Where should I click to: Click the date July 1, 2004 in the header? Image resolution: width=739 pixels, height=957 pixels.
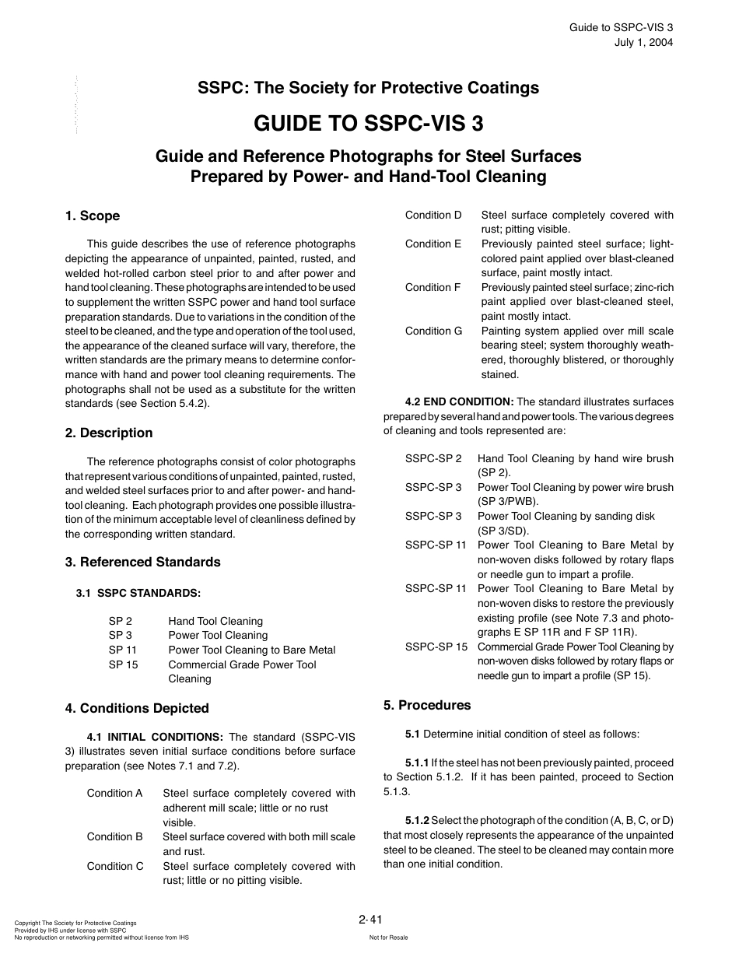point(643,42)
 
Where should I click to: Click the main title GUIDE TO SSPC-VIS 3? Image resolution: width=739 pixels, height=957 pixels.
point(368,123)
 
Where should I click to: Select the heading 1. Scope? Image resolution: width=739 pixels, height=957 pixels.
point(92,216)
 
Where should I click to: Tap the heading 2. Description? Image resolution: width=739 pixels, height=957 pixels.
point(108,433)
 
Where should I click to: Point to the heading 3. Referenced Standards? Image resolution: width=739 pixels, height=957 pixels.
point(142,562)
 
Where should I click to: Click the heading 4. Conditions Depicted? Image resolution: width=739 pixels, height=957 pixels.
point(137,708)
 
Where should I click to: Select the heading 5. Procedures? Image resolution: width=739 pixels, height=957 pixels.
point(427,705)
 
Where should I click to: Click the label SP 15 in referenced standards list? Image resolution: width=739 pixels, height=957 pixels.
point(123,664)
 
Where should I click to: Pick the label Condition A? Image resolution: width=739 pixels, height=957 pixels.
point(115,793)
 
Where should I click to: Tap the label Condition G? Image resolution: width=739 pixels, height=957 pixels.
point(433,331)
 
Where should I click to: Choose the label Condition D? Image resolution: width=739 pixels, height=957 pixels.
point(433,215)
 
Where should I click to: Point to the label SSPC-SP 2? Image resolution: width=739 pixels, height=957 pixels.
point(433,459)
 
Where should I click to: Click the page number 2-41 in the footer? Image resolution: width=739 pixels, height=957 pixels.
point(371,920)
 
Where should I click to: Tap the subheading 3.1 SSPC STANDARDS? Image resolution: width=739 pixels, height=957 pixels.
point(138,593)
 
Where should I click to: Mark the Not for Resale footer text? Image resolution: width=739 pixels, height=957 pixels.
point(388,938)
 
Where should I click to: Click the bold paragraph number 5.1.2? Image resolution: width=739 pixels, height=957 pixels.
point(416,820)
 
